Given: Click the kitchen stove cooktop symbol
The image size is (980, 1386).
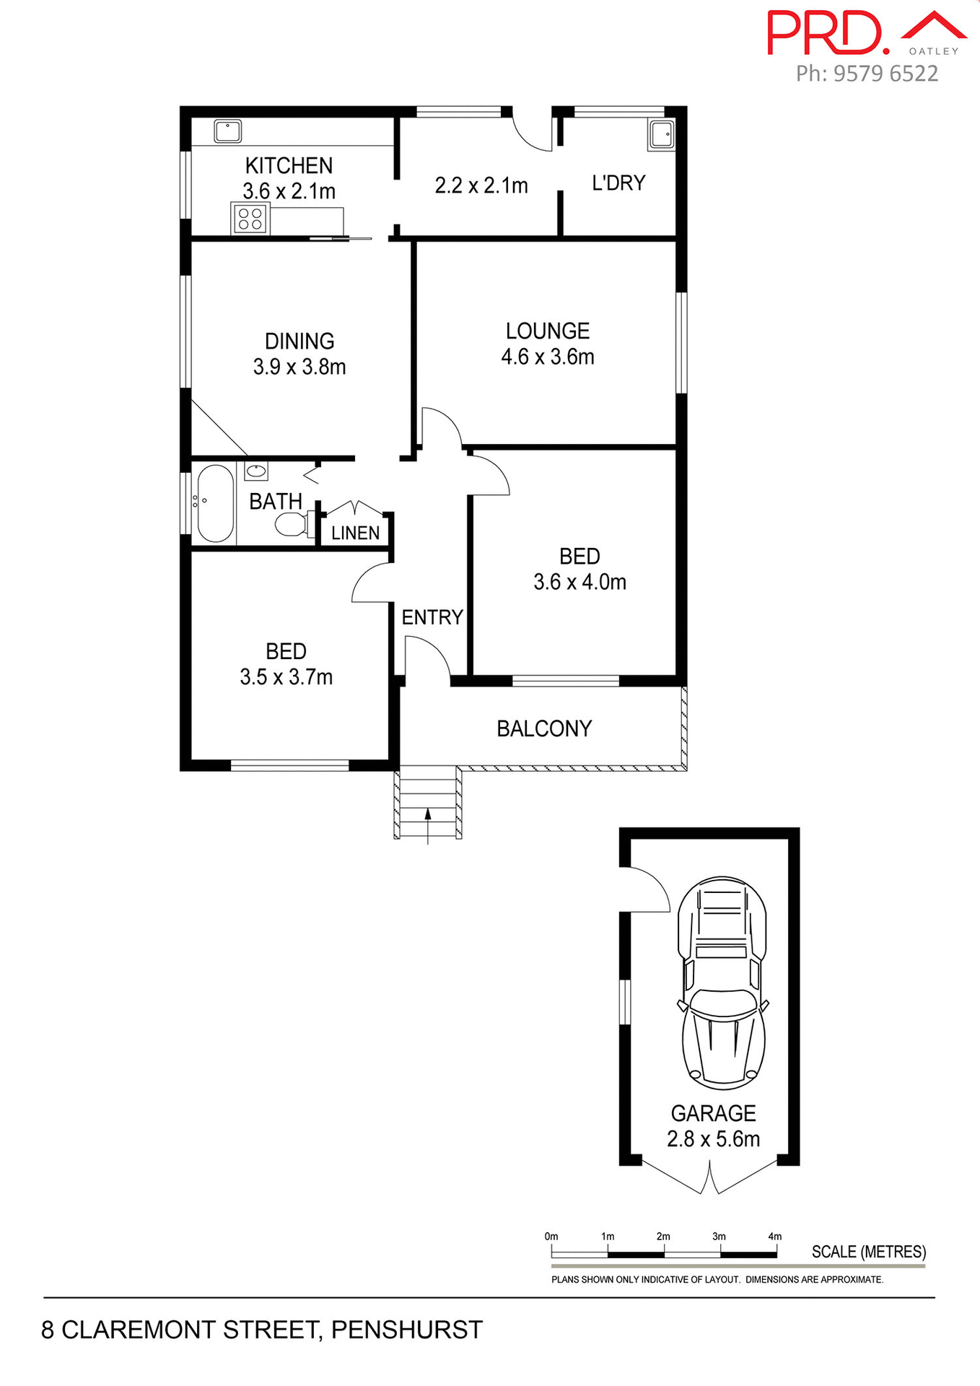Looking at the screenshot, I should tap(250, 219).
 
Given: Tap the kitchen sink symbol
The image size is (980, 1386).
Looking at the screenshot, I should tap(227, 132).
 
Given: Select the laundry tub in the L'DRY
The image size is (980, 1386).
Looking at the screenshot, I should tap(661, 135).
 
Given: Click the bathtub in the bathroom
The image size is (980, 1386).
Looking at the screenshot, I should tap(215, 503).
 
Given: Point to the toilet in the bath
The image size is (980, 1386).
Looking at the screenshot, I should tap(292, 524).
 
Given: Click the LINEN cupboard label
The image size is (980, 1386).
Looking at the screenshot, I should tap(355, 533).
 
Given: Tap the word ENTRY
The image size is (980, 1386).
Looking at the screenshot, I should tap(432, 617).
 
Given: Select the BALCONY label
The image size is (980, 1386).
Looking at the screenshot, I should tap(544, 728).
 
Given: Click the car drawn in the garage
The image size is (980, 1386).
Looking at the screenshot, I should tap(722, 982).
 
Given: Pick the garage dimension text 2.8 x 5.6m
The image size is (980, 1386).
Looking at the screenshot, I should tap(713, 1139).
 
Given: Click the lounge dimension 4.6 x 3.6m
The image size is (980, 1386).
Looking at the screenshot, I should tap(548, 357).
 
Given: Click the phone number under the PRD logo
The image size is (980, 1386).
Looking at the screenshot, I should tap(867, 74).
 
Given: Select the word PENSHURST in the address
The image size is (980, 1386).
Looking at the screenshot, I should tap(406, 1330).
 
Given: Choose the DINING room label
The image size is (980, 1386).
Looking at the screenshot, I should tap(299, 341).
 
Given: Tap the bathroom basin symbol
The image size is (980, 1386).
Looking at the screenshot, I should tap(255, 471).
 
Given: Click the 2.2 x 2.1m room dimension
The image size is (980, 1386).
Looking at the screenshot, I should tap(481, 186).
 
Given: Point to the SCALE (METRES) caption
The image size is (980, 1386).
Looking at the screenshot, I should tap(868, 1252).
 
